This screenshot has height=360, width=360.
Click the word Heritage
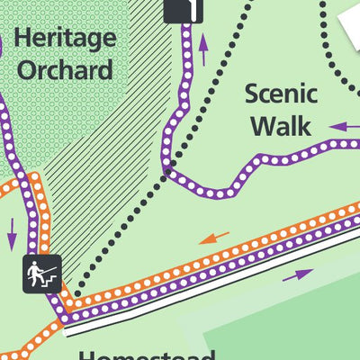[x=66, y=38]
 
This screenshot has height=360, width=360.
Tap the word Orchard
[x=63, y=69]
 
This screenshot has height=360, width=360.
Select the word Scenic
[x=281, y=94]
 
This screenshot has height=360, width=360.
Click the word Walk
[x=281, y=124]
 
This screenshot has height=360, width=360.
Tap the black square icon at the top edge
[x=184, y=9]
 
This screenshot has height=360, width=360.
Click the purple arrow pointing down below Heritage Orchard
[x=13, y=232]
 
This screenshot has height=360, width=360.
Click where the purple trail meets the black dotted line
[x=167, y=167]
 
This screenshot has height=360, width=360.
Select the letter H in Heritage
[x=22, y=38]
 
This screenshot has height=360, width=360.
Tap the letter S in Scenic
[x=253, y=94]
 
